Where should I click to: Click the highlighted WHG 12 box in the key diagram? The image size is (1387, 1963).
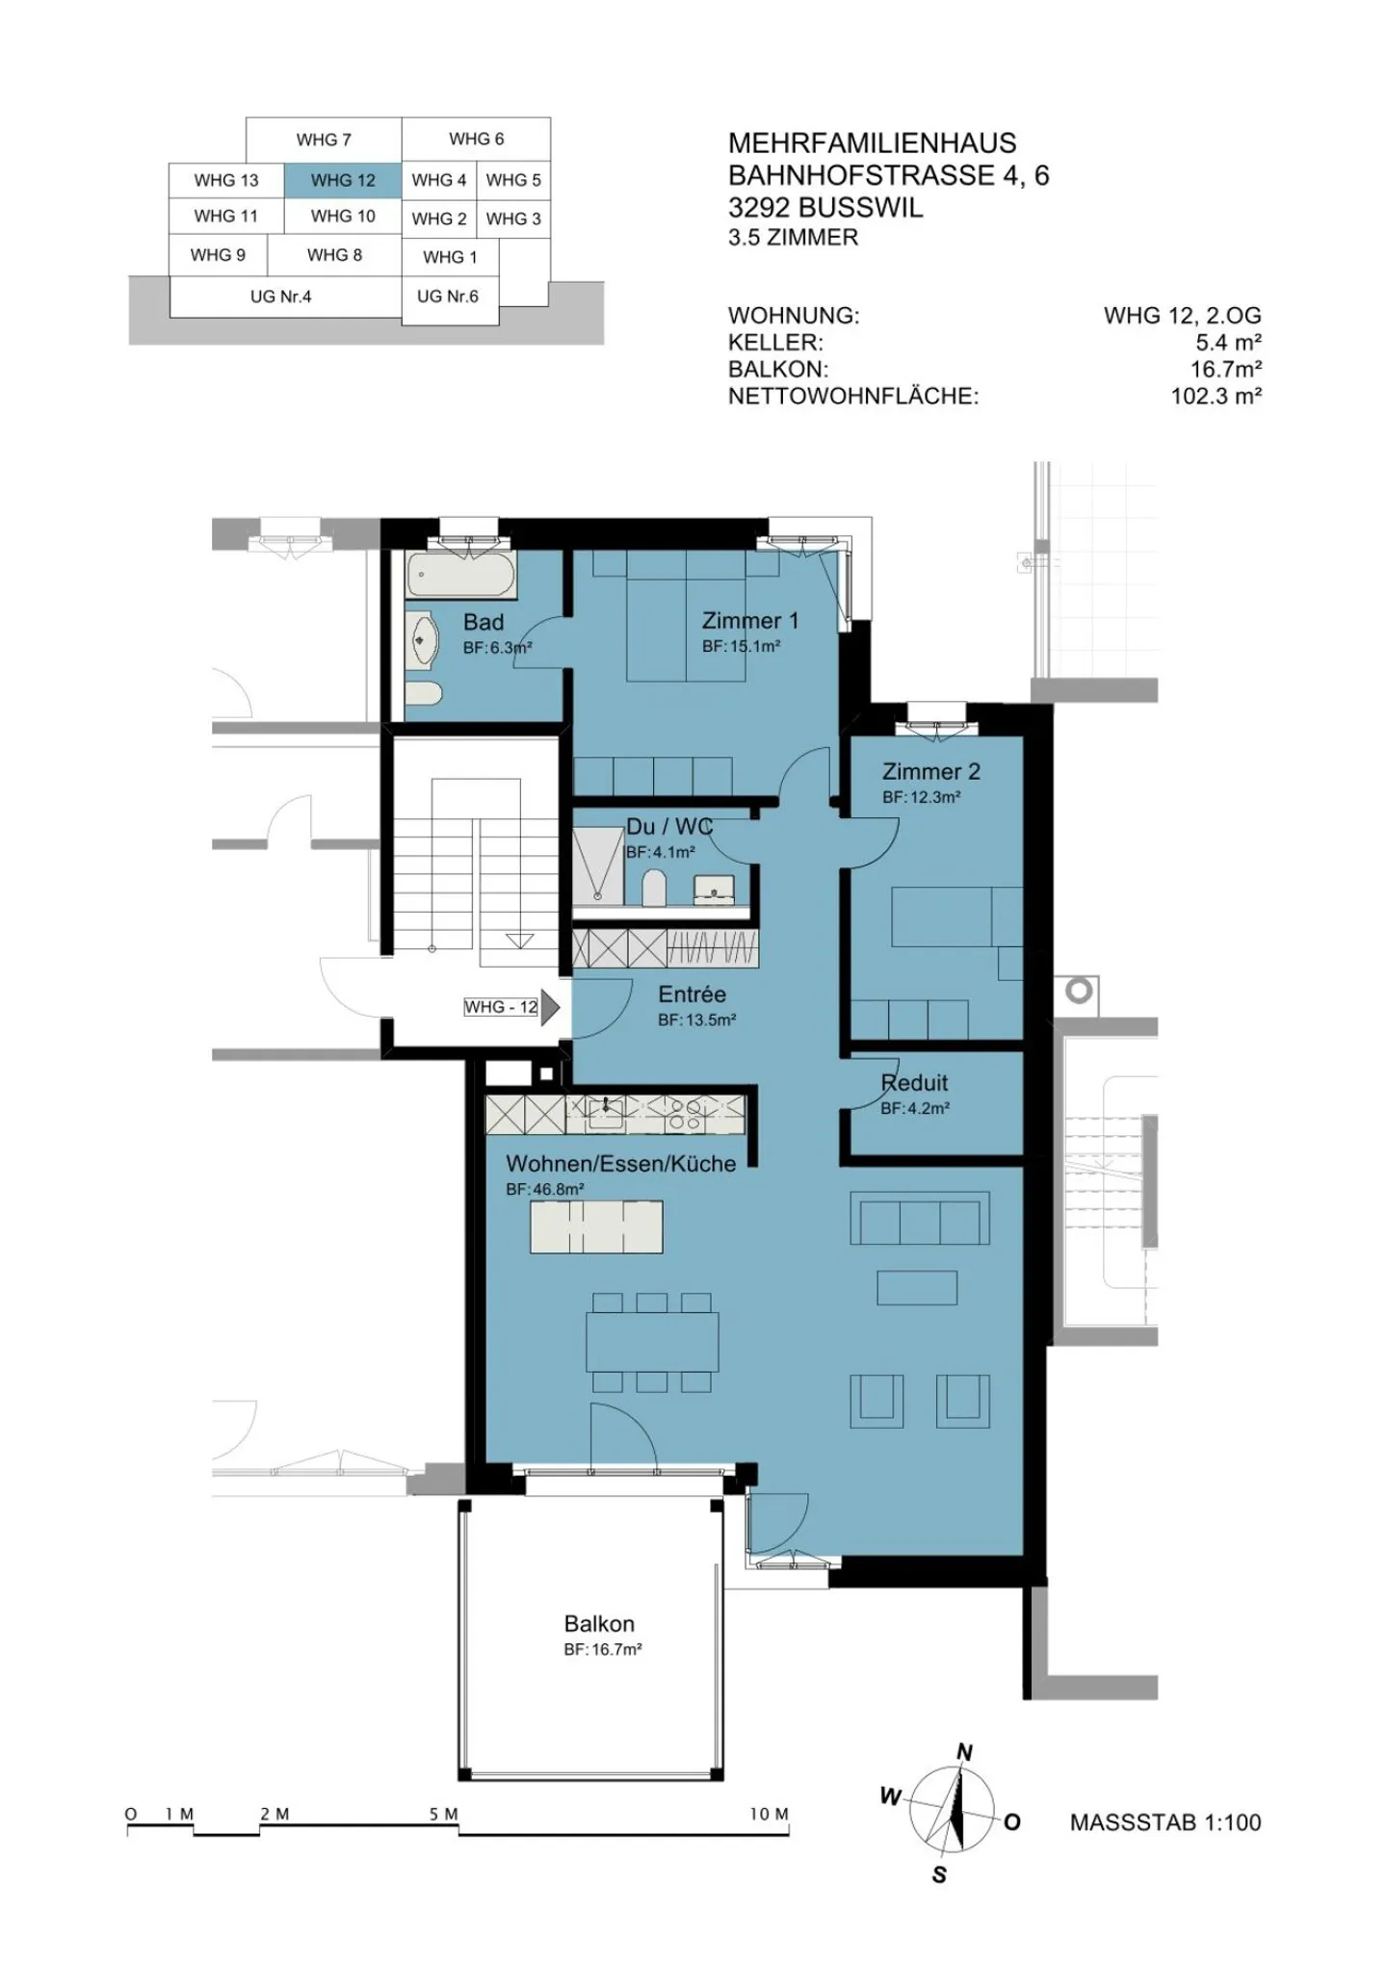tap(342, 180)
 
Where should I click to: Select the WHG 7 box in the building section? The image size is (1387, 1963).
tap(324, 140)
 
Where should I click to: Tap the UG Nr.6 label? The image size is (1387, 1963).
tap(447, 297)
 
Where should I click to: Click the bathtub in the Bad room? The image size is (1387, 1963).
tap(460, 575)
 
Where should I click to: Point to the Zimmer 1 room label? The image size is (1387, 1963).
tap(749, 621)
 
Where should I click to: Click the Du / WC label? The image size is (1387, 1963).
tap(668, 826)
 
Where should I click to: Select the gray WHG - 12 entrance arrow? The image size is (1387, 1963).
tap(550, 1007)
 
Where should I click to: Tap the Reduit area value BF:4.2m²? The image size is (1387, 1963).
tap(914, 1109)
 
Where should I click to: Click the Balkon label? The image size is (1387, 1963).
tap(599, 1624)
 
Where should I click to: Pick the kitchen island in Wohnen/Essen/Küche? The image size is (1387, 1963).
tap(596, 1227)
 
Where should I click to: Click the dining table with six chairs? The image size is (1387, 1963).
tap(652, 1342)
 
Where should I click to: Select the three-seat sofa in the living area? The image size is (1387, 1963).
tap(919, 1219)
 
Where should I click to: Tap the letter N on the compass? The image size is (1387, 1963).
tap(964, 1752)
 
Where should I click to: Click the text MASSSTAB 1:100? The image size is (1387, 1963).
tap(1165, 1822)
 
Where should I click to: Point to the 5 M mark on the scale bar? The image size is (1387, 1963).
tap(444, 1815)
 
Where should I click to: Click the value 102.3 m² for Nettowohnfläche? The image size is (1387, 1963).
tap(1216, 396)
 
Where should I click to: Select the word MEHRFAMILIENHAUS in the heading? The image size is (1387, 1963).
tap(872, 143)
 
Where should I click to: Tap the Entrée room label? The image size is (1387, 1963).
tap(692, 994)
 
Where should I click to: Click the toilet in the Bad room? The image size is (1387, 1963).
tap(423, 694)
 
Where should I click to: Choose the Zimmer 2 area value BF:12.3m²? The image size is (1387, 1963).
tap(921, 798)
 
